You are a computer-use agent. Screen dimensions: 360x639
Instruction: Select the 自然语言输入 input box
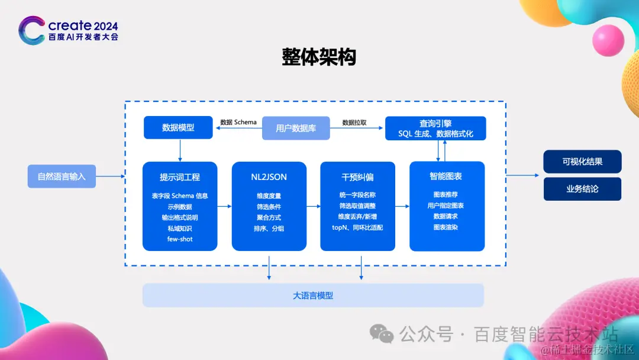coord(62,176)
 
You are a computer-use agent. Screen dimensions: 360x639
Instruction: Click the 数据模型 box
coord(178,127)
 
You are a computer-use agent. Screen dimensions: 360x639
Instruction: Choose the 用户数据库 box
coord(296,128)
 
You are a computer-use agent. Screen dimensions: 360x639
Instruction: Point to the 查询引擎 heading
coord(435,123)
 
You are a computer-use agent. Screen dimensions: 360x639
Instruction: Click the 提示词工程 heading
coord(180,177)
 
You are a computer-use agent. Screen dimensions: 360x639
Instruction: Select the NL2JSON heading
coord(269,177)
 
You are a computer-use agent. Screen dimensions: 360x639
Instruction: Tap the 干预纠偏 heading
coord(357,177)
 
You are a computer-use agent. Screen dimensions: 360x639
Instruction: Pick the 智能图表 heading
coord(447,176)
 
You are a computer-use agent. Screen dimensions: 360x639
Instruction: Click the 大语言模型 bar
coord(313,295)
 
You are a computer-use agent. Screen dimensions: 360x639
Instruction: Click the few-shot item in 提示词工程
coord(180,239)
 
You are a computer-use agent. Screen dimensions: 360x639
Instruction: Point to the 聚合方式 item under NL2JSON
coord(269,217)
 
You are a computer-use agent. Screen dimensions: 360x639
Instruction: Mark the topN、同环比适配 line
coord(357,227)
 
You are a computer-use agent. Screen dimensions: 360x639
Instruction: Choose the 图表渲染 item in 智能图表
coord(446,227)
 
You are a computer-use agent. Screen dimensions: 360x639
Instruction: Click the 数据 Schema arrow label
coord(238,123)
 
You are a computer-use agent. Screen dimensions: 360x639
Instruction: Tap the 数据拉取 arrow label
coord(354,123)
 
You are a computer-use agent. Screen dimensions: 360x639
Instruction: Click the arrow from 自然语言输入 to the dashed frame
coord(110,176)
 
